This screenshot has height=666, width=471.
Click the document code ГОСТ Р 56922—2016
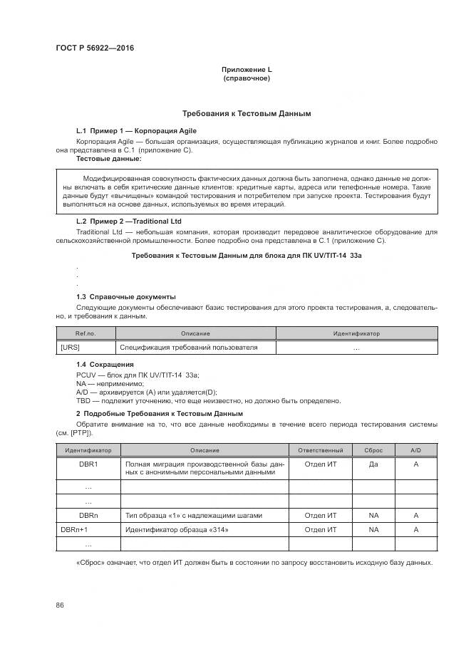pyautogui.click(x=94, y=48)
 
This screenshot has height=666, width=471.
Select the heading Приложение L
pyautogui.click(x=247, y=70)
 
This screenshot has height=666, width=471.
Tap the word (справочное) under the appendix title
pyautogui.click(x=247, y=78)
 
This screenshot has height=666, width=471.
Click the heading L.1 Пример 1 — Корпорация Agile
pyautogui.click(x=136, y=131)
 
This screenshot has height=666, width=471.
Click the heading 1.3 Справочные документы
pyautogui.click(x=125, y=296)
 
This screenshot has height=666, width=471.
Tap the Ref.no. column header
pyautogui.click(x=86, y=333)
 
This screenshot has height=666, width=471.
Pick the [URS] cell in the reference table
pyautogui.click(x=71, y=348)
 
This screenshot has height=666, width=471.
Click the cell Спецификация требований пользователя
pyautogui.click(x=188, y=348)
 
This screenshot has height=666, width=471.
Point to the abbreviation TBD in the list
pyautogui.click(x=83, y=400)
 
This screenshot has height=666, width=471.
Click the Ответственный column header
pyautogui.click(x=320, y=451)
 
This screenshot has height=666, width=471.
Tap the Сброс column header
pyautogui.click(x=373, y=451)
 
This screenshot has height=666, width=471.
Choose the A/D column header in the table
pyautogui.click(x=416, y=451)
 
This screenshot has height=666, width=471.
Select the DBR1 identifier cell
pyautogui.click(x=88, y=464)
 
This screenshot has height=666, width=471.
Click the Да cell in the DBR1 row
pyautogui.click(x=373, y=464)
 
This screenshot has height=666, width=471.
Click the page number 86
pyautogui.click(x=60, y=605)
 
